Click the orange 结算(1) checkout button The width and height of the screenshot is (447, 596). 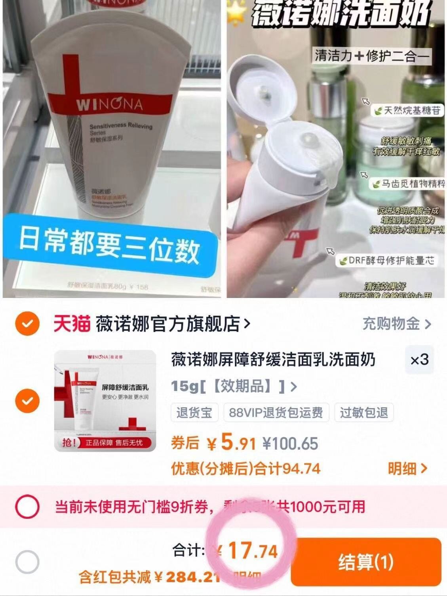tap(366, 562)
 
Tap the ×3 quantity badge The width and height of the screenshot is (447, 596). tap(419, 360)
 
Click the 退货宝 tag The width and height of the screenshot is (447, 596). tap(194, 413)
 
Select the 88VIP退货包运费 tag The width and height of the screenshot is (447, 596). tap(276, 413)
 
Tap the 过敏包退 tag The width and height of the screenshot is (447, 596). tap(363, 413)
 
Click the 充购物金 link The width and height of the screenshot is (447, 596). tap(396, 324)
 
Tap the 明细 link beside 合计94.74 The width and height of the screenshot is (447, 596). tap(407, 469)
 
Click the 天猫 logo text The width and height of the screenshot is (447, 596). tap(72, 324)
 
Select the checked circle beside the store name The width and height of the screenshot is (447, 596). tap(27, 324)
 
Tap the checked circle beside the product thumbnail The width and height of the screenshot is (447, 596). tap(27, 401)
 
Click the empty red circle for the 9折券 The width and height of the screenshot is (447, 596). tap(27, 507)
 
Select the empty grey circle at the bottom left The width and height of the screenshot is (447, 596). tap(27, 562)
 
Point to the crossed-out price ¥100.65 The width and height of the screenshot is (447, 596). tap(290, 444)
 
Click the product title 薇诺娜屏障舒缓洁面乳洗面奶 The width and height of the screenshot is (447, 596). tap(273, 360)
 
